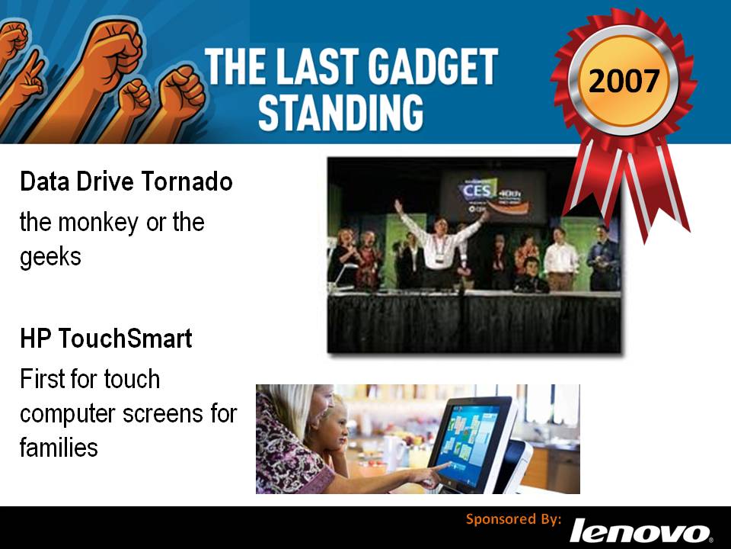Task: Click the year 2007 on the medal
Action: point(624,80)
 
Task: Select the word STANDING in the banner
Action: point(341,112)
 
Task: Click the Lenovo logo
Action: point(640,531)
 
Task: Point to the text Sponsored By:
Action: point(514,519)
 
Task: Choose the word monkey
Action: point(98,223)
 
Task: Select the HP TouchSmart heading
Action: point(106,339)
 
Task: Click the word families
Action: point(59,448)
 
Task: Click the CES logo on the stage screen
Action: point(477,190)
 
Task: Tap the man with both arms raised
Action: point(439,244)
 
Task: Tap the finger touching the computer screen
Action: point(444,465)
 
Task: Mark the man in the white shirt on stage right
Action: point(560,259)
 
